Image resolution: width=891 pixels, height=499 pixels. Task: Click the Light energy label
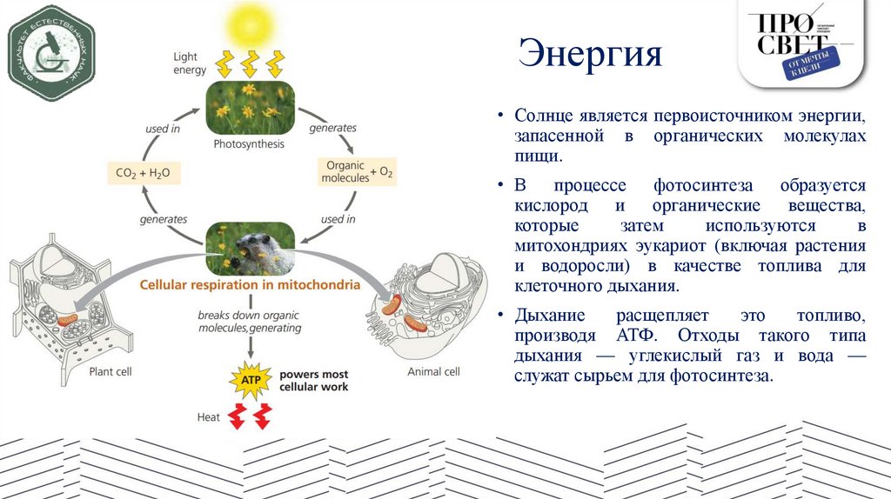[x=190, y=63]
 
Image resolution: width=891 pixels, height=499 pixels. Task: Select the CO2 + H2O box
[x=142, y=174]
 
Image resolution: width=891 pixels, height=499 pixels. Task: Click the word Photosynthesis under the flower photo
[x=249, y=143]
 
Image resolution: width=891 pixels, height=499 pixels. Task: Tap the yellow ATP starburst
[x=249, y=381]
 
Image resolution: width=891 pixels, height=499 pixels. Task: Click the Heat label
[x=208, y=417]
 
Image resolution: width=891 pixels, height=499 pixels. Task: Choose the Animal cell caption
[x=433, y=372]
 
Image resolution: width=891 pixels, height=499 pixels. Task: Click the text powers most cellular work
[x=313, y=381]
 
